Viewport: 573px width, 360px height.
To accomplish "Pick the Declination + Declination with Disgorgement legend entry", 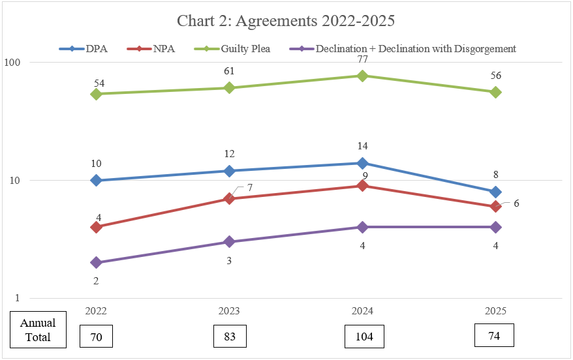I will tap(415, 48).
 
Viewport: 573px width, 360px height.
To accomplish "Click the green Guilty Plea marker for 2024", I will tap(362, 76).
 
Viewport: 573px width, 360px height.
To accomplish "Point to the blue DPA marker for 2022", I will tap(96, 180).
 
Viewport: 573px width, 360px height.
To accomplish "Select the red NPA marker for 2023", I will tap(229, 198).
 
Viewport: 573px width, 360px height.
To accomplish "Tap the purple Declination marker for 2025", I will tap(495, 227).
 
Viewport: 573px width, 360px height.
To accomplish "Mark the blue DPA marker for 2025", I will tap(495, 192).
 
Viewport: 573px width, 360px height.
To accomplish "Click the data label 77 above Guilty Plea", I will tap(362, 59).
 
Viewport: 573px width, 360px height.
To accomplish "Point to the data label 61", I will tap(229, 71).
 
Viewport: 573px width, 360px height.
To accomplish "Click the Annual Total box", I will tap(38, 330).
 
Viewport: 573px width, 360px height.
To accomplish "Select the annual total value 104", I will tap(364, 337).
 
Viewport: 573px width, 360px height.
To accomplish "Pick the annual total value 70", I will tap(96, 337).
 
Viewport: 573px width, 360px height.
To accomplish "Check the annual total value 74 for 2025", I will tap(494, 335).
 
